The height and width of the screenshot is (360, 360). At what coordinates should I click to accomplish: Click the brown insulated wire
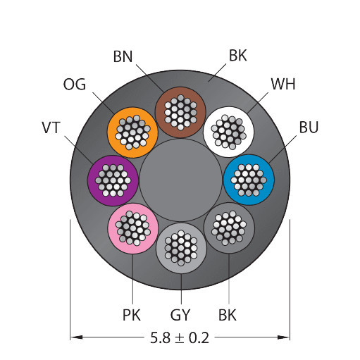(180, 112)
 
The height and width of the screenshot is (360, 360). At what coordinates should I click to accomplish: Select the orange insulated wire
(132, 132)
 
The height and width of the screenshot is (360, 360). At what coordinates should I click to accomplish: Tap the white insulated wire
(228, 132)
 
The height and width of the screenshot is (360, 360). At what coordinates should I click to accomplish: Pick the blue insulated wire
(249, 180)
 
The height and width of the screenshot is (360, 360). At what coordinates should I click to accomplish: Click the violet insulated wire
(113, 180)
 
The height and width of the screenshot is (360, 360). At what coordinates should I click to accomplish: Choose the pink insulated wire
(133, 228)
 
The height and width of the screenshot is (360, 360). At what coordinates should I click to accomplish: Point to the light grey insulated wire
(181, 248)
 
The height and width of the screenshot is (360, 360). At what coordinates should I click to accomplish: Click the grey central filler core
(181, 180)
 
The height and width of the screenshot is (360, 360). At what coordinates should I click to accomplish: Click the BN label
(123, 56)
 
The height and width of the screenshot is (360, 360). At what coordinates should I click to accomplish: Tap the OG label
(75, 85)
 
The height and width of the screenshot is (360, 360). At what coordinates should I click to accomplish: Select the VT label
(51, 128)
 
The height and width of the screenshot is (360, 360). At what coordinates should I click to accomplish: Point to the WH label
(283, 84)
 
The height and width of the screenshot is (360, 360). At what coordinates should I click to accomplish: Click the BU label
(309, 127)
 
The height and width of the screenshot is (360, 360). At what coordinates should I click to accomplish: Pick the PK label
(132, 315)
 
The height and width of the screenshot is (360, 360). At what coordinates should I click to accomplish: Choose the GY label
(180, 315)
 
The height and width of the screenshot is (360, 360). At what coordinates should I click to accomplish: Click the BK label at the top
(238, 56)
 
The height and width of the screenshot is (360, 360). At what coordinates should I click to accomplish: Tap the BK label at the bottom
(228, 315)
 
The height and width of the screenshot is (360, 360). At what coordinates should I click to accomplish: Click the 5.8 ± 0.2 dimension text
(180, 338)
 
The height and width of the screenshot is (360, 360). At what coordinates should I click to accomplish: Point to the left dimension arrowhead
(76, 337)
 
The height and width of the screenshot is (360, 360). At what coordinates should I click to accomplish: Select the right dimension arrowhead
(283, 337)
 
